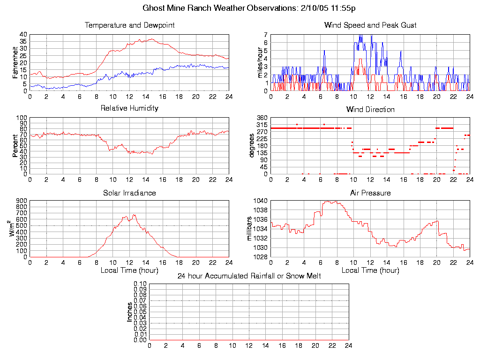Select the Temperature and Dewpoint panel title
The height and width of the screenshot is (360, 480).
coord(129,25)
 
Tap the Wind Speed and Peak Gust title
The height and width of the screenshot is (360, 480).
coord(370,25)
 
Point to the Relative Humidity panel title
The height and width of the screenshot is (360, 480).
coord(129,108)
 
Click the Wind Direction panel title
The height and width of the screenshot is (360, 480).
coord(370,110)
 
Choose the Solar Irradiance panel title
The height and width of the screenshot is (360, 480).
coord(129,193)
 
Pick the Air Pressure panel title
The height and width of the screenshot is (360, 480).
coord(370,193)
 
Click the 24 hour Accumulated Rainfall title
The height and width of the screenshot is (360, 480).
coord(249,276)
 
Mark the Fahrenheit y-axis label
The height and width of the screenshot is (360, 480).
coord(15,63)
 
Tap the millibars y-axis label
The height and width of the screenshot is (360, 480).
coord(250,228)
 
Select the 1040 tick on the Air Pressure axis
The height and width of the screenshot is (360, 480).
coord(261,201)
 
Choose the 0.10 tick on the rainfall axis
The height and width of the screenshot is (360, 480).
coord(140,284)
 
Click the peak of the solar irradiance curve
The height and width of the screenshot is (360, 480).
coord(134,215)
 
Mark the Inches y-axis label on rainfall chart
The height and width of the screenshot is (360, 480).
coord(130,312)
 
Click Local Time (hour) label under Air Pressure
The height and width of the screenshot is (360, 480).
coord(370,270)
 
